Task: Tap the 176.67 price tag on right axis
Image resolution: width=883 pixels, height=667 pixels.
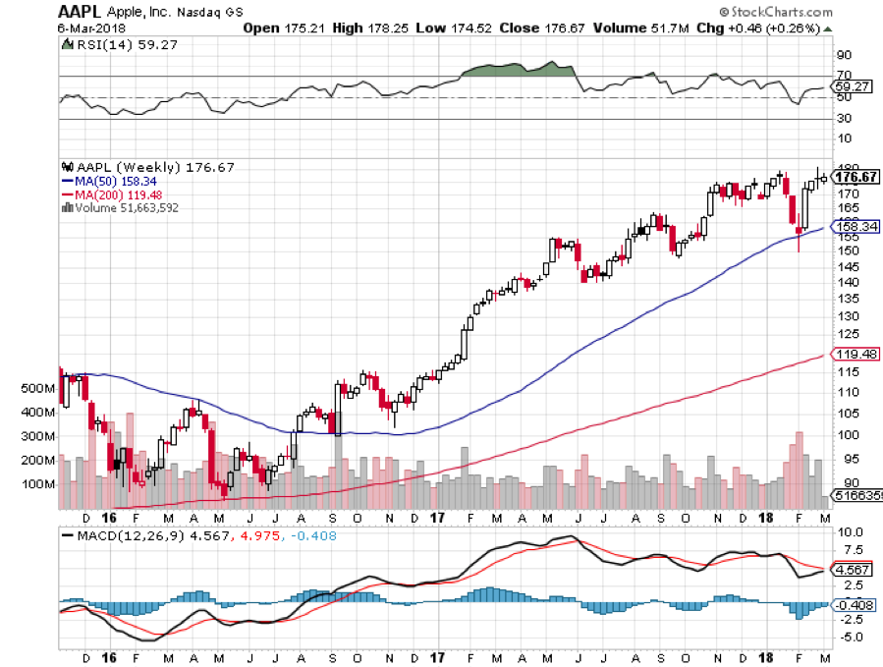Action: point(855,177)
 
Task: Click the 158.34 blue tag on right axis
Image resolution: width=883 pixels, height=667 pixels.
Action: point(855,226)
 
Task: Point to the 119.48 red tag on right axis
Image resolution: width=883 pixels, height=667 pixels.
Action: point(855,354)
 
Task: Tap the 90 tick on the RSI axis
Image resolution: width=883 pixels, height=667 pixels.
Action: point(843,56)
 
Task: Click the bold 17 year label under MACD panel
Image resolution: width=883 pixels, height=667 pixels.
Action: point(436,654)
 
